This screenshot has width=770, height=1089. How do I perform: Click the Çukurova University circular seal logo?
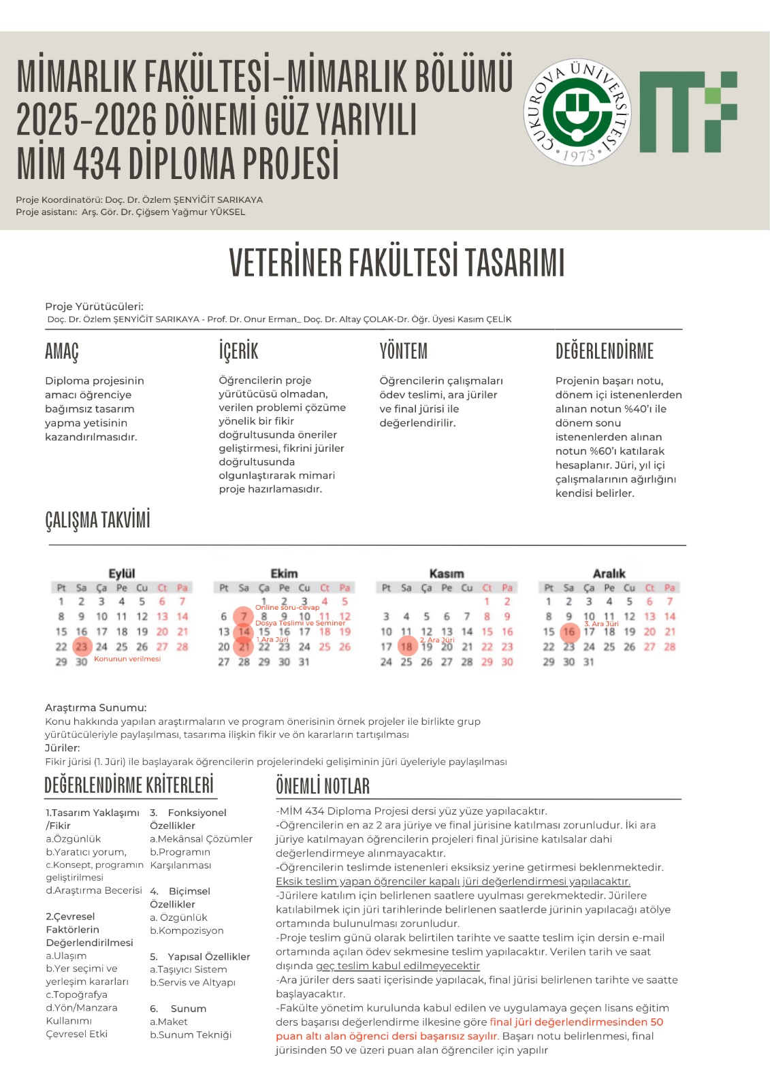[577, 112]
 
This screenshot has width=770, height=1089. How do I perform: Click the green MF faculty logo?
[688, 111]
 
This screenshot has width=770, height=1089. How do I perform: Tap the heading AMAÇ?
[62, 351]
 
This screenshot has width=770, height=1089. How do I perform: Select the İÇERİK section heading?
[238, 351]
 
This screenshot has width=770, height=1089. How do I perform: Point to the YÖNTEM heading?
[403, 351]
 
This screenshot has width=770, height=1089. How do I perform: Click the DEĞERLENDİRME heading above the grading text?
[604, 351]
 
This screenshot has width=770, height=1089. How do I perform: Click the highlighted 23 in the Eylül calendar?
[82, 647]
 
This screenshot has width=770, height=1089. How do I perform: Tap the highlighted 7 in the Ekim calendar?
[244, 617]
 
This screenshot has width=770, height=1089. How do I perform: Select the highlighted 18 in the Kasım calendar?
[406, 647]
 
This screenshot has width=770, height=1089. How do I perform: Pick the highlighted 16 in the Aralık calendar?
[569, 632]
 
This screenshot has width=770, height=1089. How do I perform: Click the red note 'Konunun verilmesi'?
[127, 659]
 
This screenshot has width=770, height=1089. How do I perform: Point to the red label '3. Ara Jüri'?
[602, 623]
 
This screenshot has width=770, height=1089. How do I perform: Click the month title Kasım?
[447, 573]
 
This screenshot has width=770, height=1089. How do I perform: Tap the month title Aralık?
[609, 573]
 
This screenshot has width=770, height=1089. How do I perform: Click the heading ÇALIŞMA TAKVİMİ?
[97, 520]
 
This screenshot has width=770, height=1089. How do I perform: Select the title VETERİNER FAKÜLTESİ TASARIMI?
[397, 263]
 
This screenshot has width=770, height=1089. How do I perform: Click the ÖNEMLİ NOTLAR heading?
[323, 786]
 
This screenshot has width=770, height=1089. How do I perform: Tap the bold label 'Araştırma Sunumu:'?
[96, 707]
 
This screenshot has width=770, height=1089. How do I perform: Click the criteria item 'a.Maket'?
[168, 1022]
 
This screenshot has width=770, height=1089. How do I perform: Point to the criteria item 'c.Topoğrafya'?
[76, 994]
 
